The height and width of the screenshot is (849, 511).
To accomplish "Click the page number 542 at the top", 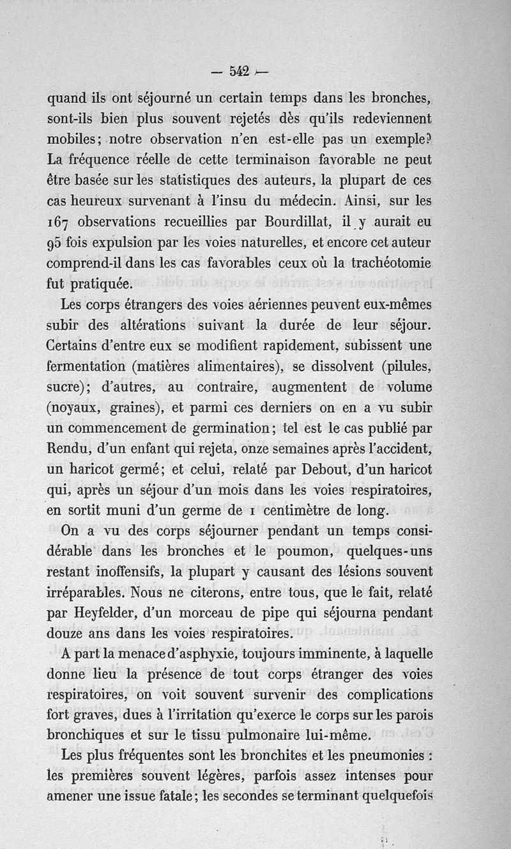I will tap(234, 72).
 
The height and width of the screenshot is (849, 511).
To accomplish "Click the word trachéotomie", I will tap(392, 263).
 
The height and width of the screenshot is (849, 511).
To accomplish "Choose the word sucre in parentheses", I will tap(66, 388).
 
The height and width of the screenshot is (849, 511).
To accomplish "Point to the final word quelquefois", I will tap(397, 796).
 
